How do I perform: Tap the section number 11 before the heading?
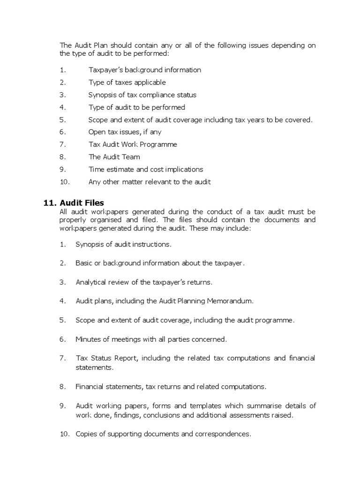click(x=48, y=202)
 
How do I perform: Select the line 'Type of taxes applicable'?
click(x=127, y=82)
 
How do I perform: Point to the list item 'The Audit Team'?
click(x=114, y=157)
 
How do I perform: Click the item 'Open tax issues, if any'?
click(x=125, y=132)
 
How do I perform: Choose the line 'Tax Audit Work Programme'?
click(x=133, y=144)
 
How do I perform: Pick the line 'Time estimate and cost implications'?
click(x=146, y=169)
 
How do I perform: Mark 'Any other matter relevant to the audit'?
click(x=150, y=182)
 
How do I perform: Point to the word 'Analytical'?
click(x=92, y=282)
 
